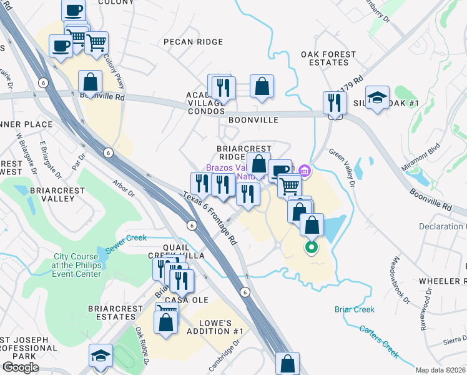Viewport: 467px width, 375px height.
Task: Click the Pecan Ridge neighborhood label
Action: pyautogui.click(x=193, y=42)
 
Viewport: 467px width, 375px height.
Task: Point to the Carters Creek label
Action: pyautogui.click(x=379, y=341)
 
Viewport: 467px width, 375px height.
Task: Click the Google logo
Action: pyautogui.click(x=21, y=367)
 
